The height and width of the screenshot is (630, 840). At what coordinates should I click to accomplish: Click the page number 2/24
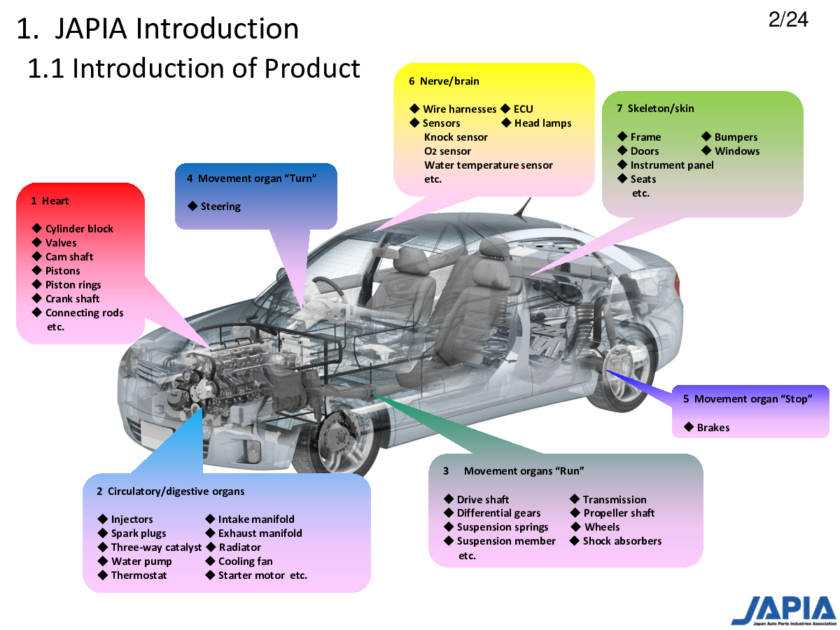(787, 19)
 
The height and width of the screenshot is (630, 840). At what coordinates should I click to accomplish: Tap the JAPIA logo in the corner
(783, 610)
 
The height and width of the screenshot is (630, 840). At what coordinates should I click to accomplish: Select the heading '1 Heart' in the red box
(50, 201)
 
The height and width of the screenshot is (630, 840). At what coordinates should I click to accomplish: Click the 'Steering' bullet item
(220, 206)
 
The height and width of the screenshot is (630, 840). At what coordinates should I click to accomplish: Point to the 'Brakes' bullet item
(713, 427)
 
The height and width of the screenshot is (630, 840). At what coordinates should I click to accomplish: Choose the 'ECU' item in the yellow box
(523, 109)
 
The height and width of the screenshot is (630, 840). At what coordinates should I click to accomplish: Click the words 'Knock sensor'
(456, 137)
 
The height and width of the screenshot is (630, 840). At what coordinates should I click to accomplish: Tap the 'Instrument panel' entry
(671, 165)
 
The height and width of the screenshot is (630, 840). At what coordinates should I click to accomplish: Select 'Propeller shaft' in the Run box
(619, 513)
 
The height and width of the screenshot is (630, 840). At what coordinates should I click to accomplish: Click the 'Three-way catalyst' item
(156, 547)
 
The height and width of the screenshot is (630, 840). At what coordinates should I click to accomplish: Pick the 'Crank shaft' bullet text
(72, 299)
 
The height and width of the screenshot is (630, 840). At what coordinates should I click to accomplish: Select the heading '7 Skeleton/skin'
(655, 108)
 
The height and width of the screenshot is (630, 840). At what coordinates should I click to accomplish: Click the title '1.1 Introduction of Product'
(194, 69)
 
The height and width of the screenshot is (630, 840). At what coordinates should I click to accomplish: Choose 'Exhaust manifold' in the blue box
(260, 533)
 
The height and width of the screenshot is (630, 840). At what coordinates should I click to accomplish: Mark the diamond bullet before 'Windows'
(706, 150)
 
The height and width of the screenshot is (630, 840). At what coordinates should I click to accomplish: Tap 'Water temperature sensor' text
(489, 165)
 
